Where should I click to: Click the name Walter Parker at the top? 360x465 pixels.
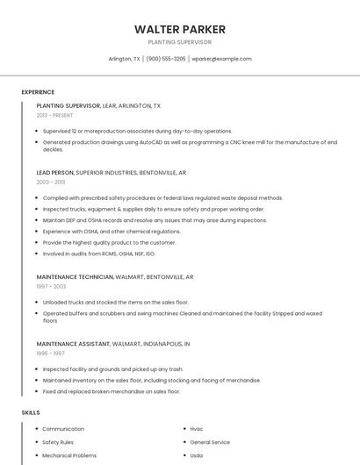(180, 29)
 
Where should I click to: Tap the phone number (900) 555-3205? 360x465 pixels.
(166, 59)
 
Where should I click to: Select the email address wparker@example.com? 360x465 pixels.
(221, 59)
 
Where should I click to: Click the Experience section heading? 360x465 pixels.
(38, 92)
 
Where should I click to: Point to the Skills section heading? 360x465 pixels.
(31, 412)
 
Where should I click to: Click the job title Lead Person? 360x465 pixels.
(55, 173)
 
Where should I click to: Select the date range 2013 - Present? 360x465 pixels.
(54, 115)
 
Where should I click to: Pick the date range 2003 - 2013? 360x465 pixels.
(51, 182)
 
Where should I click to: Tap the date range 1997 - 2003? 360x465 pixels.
(51, 286)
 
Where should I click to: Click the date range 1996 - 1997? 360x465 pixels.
(51, 354)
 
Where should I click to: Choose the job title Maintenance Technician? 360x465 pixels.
(75, 277)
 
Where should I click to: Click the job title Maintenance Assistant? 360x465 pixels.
(72, 345)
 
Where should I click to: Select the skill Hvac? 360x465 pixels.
(197, 429)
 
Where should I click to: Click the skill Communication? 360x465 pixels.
(63, 429)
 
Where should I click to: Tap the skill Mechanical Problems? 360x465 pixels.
(69, 455)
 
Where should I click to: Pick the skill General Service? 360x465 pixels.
(210, 442)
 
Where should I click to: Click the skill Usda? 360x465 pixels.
(197, 455)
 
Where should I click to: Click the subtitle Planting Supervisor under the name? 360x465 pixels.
(180, 42)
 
